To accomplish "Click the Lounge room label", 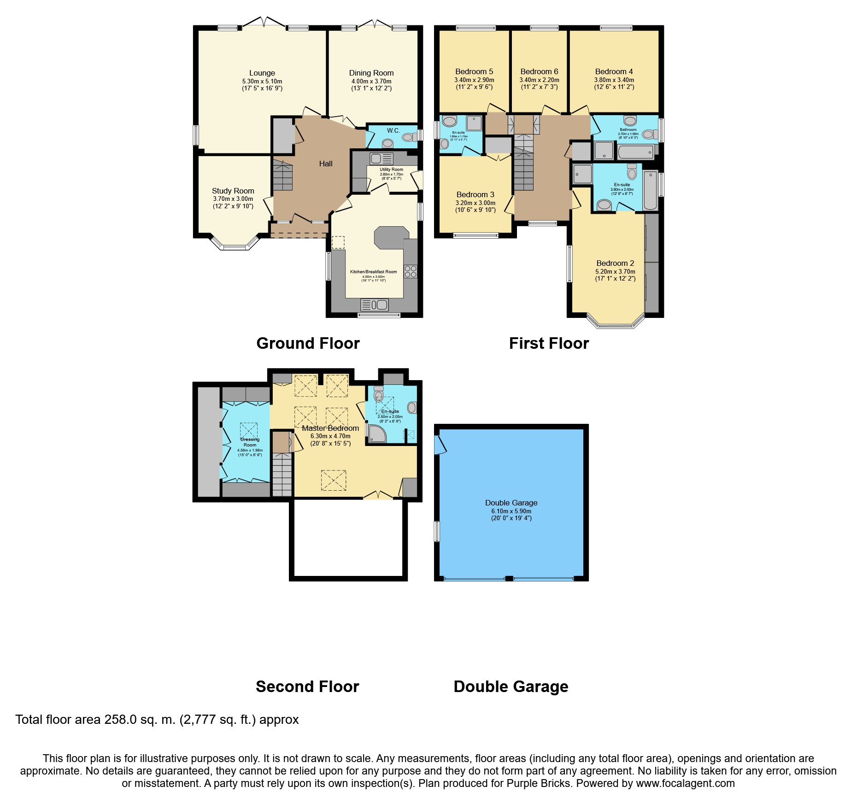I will click(x=262, y=73).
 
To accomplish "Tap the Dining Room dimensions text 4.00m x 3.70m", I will click(x=371, y=81).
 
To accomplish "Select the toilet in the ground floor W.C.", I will click(x=407, y=137).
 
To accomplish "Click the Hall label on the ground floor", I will click(x=326, y=164).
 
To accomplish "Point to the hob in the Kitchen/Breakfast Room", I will click(x=410, y=271).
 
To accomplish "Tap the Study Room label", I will click(x=233, y=191).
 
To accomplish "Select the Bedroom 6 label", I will click(x=539, y=71).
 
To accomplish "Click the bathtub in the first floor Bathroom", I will click(x=636, y=152).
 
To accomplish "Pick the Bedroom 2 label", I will click(x=615, y=263).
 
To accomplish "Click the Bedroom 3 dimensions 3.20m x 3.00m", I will click(x=475, y=203).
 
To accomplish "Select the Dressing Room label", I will click(x=250, y=442).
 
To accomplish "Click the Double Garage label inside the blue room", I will click(x=511, y=503).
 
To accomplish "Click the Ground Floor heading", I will click(x=308, y=343).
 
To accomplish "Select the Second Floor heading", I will click(x=307, y=687).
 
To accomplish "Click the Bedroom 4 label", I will click(x=614, y=71).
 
